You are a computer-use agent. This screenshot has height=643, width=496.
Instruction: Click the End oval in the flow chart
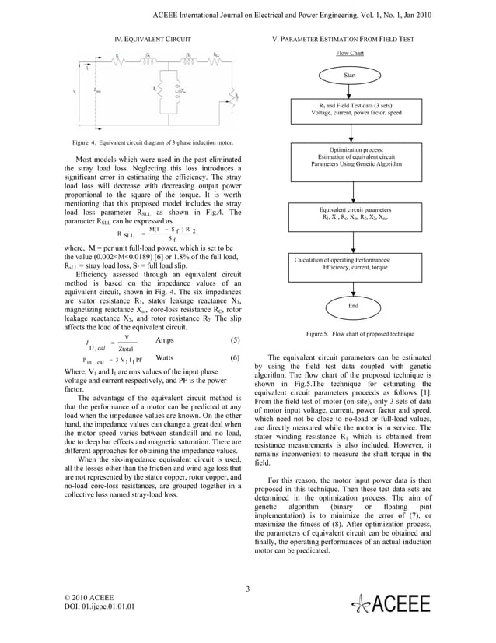click(x=353, y=307)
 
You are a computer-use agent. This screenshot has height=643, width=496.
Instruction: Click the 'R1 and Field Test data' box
click(x=351, y=109)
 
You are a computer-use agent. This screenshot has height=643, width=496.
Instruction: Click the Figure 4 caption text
click(x=142, y=144)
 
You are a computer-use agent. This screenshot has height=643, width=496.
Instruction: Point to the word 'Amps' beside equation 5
click(x=166, y=340)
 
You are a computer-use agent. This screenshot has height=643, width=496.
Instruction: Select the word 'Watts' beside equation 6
click(x=166, y=358)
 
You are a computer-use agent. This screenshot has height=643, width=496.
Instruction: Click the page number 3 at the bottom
click(x=247, y=588)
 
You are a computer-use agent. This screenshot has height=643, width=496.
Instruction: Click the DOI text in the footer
click(x=98, y=606)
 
